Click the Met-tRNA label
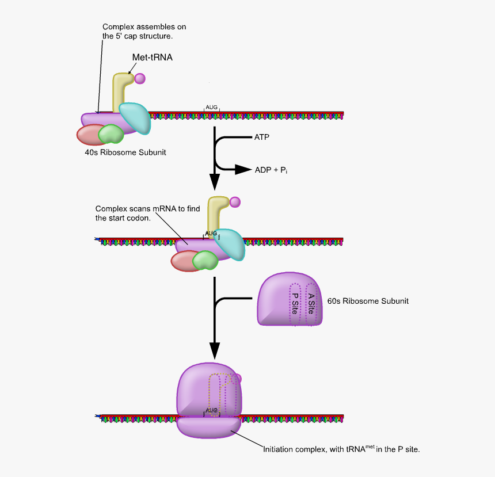pyautogui.click(x=153, y=57)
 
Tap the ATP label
pyautogui.click(x=261, y=138)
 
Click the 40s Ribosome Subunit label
pyautogui.click(x=125, y=153)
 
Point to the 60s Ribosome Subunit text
pyautogui.click(x=368, y=301)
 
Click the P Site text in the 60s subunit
pyautogui.click(x=295, y=304)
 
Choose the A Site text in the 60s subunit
pyautogui.click(x=311, y=304)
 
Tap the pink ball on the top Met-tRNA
pyautogui.click(x=140, y=78)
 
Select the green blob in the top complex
pyautogui.click(x=111, y=135)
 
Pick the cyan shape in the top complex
pyautogui.click(x=135, y=117)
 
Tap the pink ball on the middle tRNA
pyautogui.click(x=235, y=202)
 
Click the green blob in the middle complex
pyautogui.click(x=204, y=261)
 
